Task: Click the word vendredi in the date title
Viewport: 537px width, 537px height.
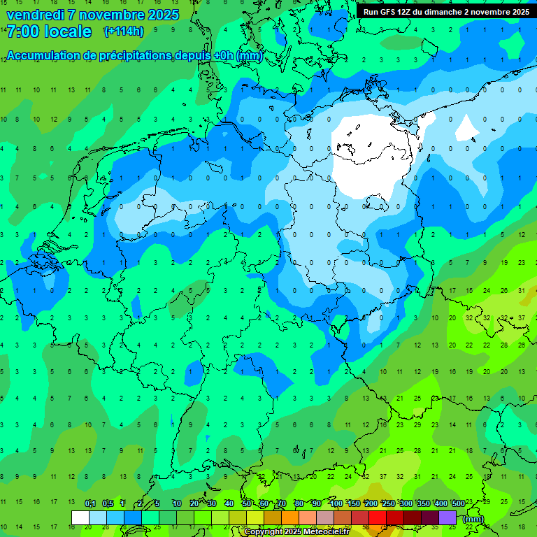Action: point(35,15)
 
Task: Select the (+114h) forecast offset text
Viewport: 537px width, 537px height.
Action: point(124,31)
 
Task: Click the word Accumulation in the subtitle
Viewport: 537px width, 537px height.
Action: point(44,56)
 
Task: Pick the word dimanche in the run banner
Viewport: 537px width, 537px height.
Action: point(443,12)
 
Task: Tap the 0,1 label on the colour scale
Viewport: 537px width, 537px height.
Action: point(90,503)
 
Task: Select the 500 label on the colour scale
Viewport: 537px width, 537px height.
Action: point(459,503)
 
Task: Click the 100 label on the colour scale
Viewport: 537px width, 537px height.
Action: point(336,503)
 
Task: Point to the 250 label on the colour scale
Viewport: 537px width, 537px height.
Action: point(389,503)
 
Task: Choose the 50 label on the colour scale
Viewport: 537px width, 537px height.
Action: point(247,503)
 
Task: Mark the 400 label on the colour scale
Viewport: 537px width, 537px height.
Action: point(441,503)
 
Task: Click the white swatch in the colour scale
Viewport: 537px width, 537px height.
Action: point(80,517)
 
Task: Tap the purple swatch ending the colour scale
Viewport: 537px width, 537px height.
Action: point(447,517)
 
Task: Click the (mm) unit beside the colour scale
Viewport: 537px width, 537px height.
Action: point(473,518)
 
